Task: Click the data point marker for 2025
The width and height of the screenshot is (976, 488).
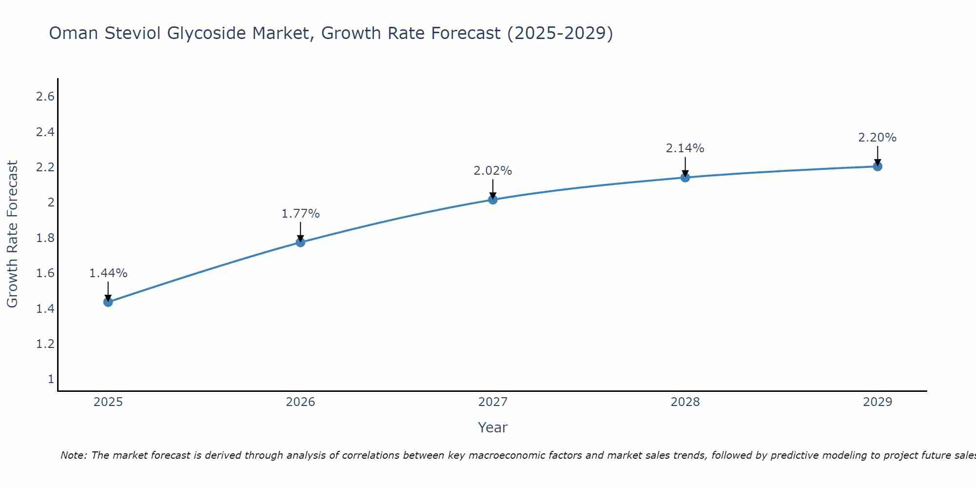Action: [108, 302]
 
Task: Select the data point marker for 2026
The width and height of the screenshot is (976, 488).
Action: [301, 242]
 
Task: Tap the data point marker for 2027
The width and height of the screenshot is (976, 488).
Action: [493, 199]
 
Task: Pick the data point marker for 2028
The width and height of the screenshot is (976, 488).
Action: [685, 177]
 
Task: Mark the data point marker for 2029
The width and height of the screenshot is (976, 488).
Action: [877, 166]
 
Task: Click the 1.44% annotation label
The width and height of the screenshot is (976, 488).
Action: [108, 273]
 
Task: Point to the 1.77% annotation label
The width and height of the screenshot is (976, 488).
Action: [301, 214]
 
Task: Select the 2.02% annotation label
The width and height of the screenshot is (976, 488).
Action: [493, 171]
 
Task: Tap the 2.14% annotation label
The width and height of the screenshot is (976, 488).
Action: [685, 148]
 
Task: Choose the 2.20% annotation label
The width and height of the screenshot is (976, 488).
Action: [877, 138]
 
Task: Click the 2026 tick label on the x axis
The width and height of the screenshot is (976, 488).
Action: [301, 402]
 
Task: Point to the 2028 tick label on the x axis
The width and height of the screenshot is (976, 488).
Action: [685, 402]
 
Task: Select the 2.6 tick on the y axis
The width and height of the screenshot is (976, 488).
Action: [45, 97]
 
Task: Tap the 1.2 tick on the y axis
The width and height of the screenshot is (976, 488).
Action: [45, 344]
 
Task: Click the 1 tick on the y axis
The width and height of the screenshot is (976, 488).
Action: [51, 379]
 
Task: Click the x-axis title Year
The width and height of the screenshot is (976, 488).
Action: [493, 427]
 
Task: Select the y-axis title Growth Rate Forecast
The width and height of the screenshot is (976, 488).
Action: [12, 234]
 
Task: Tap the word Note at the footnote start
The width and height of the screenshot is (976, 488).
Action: [73, 455]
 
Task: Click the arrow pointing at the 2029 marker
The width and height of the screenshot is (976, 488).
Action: [877, 156]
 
